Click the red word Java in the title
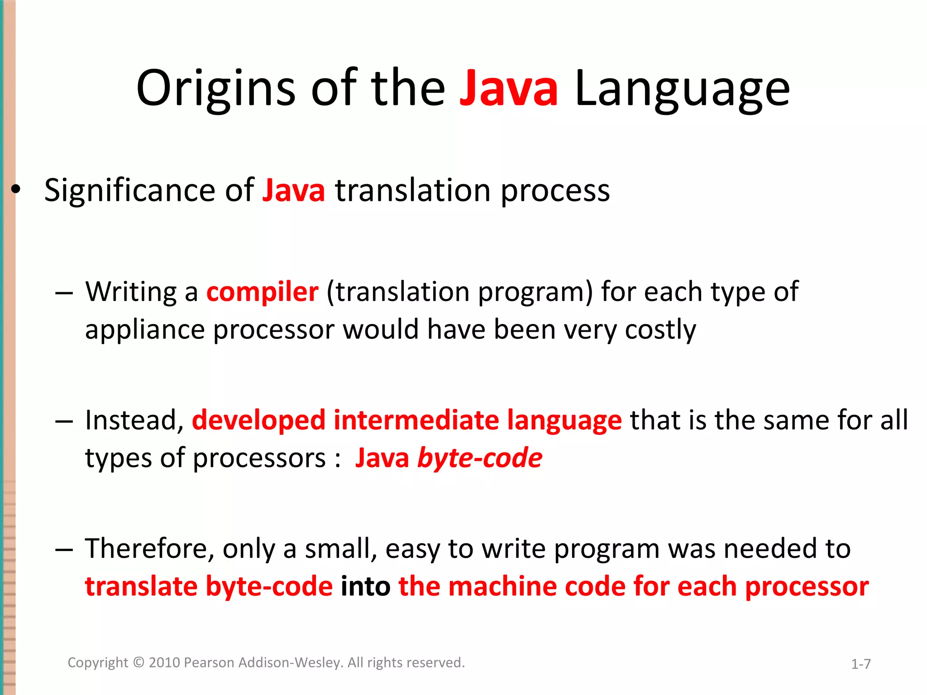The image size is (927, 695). coord(508,88)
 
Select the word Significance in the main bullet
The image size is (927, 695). coord(129,190)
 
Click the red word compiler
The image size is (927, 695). coord(262,292)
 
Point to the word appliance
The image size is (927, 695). coord(145,330)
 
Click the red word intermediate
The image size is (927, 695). coord(416,420)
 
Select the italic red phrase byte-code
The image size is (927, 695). coord(479,458)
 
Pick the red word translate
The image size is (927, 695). coord(141,587)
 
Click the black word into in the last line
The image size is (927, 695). coord(365,587)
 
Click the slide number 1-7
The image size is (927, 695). coord(860,664)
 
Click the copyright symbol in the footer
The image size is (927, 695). coord(139,663)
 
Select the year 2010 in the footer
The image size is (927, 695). coord(165,663)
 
